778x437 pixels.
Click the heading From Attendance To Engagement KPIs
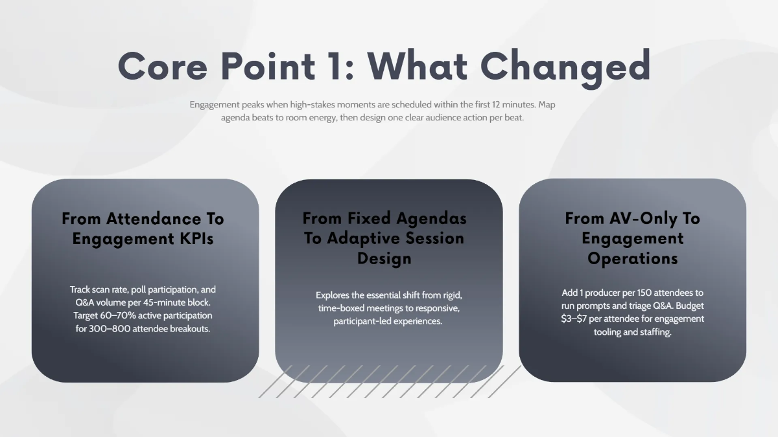(143, 229)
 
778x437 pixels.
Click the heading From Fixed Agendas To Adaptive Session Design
(384, 238)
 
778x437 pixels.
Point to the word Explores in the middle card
(332, 295)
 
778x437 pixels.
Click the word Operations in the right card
(632, 259)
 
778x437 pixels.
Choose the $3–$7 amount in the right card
(578, 319)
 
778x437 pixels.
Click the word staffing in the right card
(652, 332)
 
